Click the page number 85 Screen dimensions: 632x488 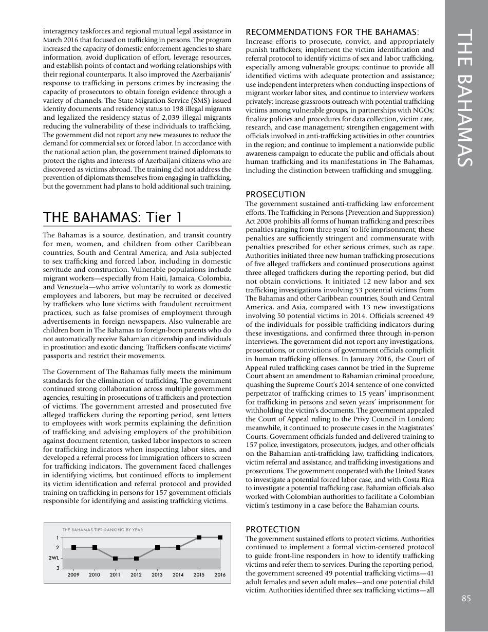click(466, 598)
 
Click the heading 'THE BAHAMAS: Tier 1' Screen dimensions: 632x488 click(112, 217)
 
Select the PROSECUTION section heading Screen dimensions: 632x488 click(275, 194)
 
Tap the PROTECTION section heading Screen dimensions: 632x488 click(273, 529)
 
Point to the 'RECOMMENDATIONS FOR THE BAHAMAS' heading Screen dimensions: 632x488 click(333, 32)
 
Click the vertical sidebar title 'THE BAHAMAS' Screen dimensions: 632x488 click(466, 98)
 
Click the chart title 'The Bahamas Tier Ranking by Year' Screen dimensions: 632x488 click(102, 529)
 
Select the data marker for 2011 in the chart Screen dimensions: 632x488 click(116, 558)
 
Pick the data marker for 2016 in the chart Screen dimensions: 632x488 click(220, 537)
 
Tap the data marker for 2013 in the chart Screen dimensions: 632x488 click(157, 548)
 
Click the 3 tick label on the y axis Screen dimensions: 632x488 click(57, 568)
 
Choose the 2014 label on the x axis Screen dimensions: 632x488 click(178, 575)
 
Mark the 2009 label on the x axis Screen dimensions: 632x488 click(73, 575)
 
